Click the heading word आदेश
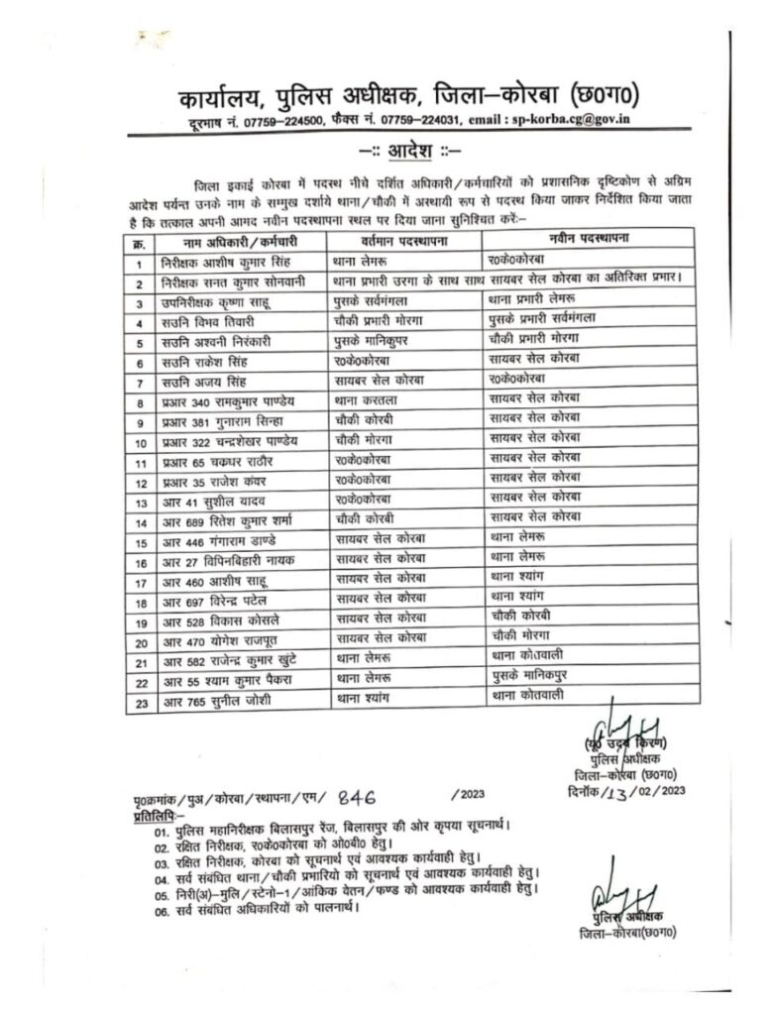409,150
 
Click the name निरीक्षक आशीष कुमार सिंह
221,263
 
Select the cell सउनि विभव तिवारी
202,323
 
